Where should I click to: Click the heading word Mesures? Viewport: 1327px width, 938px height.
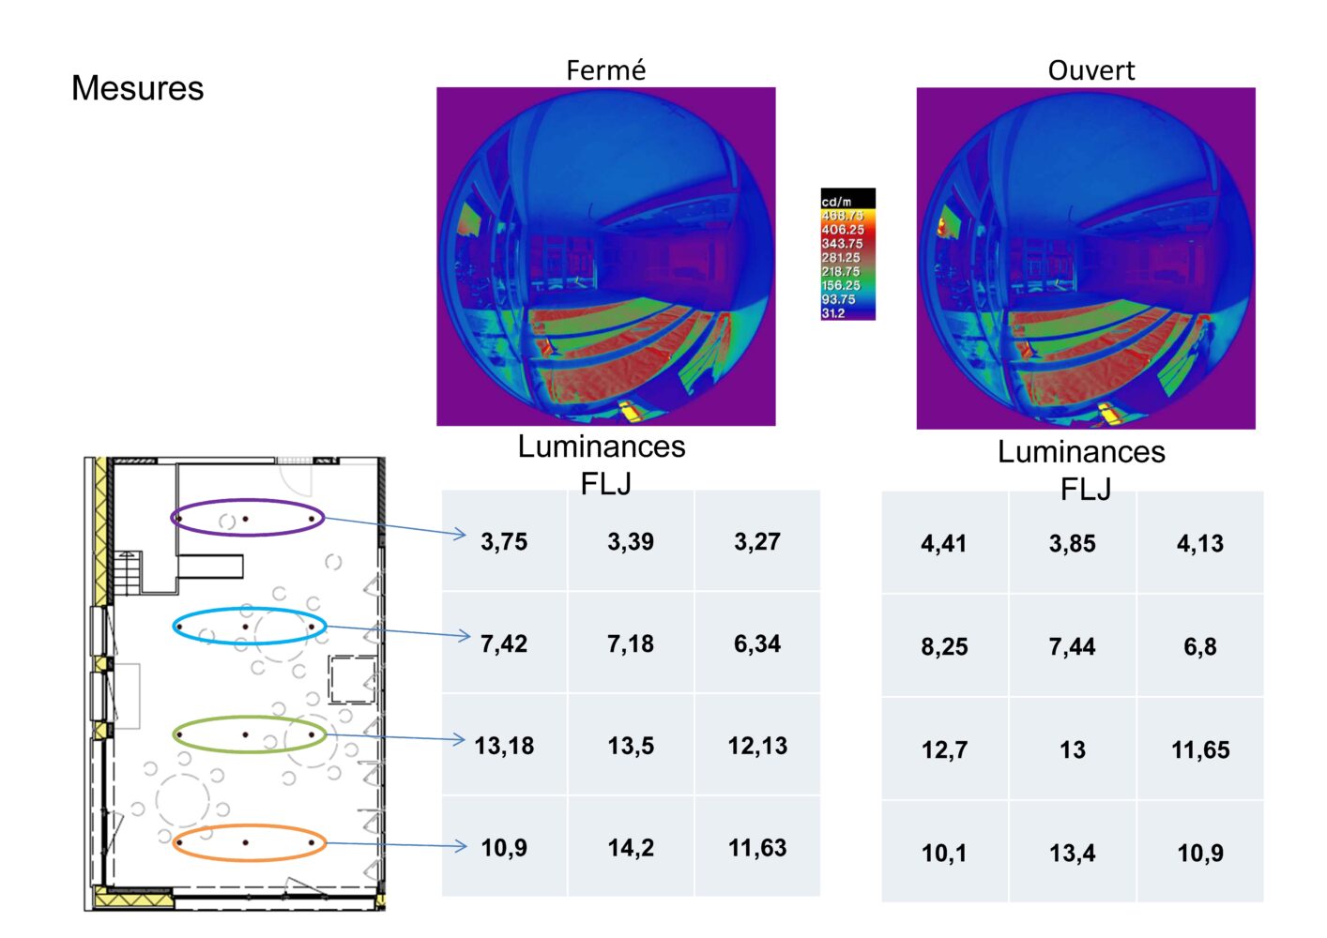tap(137, 88)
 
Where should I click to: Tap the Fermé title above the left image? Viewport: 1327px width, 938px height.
tap(605, 70)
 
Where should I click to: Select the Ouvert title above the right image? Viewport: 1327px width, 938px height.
tap(1091, 70)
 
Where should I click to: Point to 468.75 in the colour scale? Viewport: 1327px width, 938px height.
tap(842, 216)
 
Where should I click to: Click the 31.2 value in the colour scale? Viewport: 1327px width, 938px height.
tap(833, 313)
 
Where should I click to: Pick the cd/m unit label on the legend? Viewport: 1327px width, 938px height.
tap(836, 202)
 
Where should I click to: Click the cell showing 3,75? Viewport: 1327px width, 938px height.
tap(504, 541)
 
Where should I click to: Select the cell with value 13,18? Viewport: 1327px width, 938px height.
tap(504, 746)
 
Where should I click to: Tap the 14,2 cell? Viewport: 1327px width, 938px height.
tap(631, 848)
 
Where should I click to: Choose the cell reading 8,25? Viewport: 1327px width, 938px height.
tap(944, 646)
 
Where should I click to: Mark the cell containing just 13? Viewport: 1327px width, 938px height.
tap(1072, 749)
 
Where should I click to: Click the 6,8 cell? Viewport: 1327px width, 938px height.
tap(1199, 646)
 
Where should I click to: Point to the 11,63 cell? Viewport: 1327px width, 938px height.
tap(757, 848)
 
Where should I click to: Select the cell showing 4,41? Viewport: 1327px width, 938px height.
tap(944, 543)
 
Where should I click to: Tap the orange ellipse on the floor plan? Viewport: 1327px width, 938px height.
tap(249, 827)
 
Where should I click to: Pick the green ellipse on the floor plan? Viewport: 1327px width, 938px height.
tap(250, 719)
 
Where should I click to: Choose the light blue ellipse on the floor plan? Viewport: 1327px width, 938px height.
tap(250, 611)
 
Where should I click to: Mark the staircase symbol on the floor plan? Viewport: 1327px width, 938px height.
tap(127, 571)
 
